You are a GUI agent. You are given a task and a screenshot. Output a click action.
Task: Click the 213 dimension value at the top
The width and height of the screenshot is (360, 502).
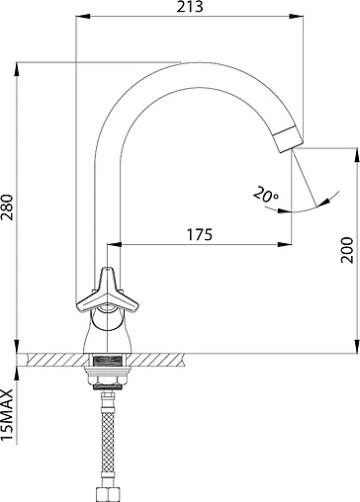tap(190, 7)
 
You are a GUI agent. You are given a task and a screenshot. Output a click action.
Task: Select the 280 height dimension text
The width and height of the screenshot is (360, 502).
tap(7, 208)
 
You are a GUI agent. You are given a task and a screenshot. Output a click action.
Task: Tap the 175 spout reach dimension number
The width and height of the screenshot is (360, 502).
tap(200, 234)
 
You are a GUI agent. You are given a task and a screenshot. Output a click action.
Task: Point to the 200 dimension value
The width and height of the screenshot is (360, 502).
tap(347, 249)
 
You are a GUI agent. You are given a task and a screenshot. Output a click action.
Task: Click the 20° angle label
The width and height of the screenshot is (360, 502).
tap(266, 194)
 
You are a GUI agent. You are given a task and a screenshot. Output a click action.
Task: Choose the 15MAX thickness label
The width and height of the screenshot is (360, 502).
tap(7, 414)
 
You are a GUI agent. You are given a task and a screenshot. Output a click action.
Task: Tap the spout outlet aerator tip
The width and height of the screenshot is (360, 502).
tap(289, 139)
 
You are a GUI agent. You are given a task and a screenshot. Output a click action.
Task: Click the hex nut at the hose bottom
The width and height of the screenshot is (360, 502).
tap(108, 494)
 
